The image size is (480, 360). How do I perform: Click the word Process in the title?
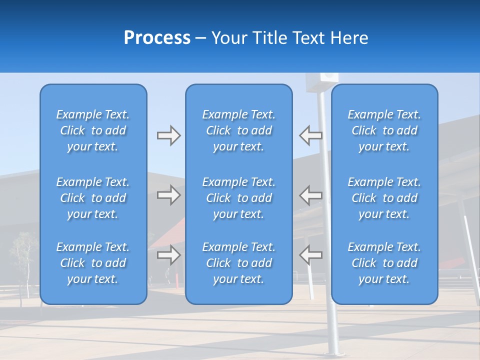click(157, 38)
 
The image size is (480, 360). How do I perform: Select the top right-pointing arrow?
click(168, 135)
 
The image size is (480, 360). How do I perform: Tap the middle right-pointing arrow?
click(168, 195)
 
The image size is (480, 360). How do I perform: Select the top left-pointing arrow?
click(310, 135)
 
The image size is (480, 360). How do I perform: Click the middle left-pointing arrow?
click(310, 195)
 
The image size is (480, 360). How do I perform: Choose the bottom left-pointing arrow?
click(310, 254)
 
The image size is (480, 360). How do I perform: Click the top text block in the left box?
click(93, 130)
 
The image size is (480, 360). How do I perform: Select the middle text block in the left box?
click(93, 198)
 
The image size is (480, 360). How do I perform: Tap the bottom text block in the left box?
click(93, 263)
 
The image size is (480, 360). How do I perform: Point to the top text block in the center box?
click(239, 130)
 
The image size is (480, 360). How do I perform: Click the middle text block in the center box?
click(239, 198)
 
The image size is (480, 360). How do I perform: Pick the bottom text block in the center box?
click(239, 263)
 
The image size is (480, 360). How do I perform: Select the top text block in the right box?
click(384, 130)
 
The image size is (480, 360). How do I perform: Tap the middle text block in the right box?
click(384, 198)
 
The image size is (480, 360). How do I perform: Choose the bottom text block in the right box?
click(384, 263)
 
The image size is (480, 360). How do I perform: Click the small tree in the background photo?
click(22, 255)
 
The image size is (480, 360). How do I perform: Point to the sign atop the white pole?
click(321, 80)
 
